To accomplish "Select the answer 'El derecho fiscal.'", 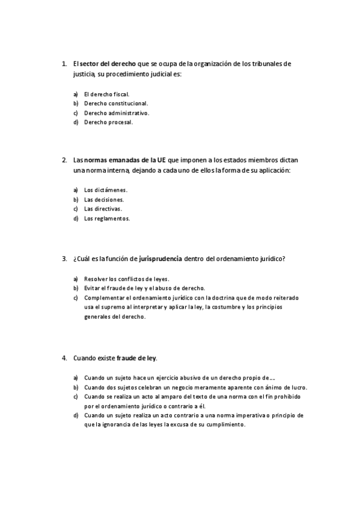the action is click(106, 94).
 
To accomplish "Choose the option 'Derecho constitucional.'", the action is click(115, 103).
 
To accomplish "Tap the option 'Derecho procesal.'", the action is click(108, 122).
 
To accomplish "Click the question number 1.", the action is click(64, 63).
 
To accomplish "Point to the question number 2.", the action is click(64, 161).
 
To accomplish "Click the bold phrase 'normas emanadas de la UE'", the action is click(126, 161).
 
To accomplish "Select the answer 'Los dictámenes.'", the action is click(106, 190).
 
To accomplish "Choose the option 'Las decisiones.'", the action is click(104, 200).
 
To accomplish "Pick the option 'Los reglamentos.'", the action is click(106, 218).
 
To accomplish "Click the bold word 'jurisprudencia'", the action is click(160, 259).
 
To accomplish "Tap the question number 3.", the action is click(64, 259).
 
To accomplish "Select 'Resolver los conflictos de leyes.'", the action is click(126, 279).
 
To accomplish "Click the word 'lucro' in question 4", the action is click(299, 387).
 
